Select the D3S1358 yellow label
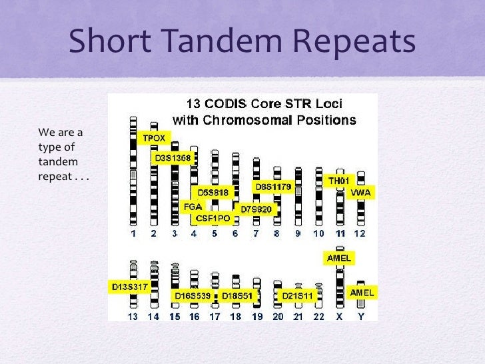[173, 158]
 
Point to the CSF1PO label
[213, 217]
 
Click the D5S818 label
[213, 193]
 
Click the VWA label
[364, 193]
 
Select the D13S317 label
[129, 287]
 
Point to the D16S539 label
[193, 295]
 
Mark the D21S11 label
[297, 295]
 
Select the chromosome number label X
[340, 317]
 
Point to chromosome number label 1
[133, 233]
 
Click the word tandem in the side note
[59, 162]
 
